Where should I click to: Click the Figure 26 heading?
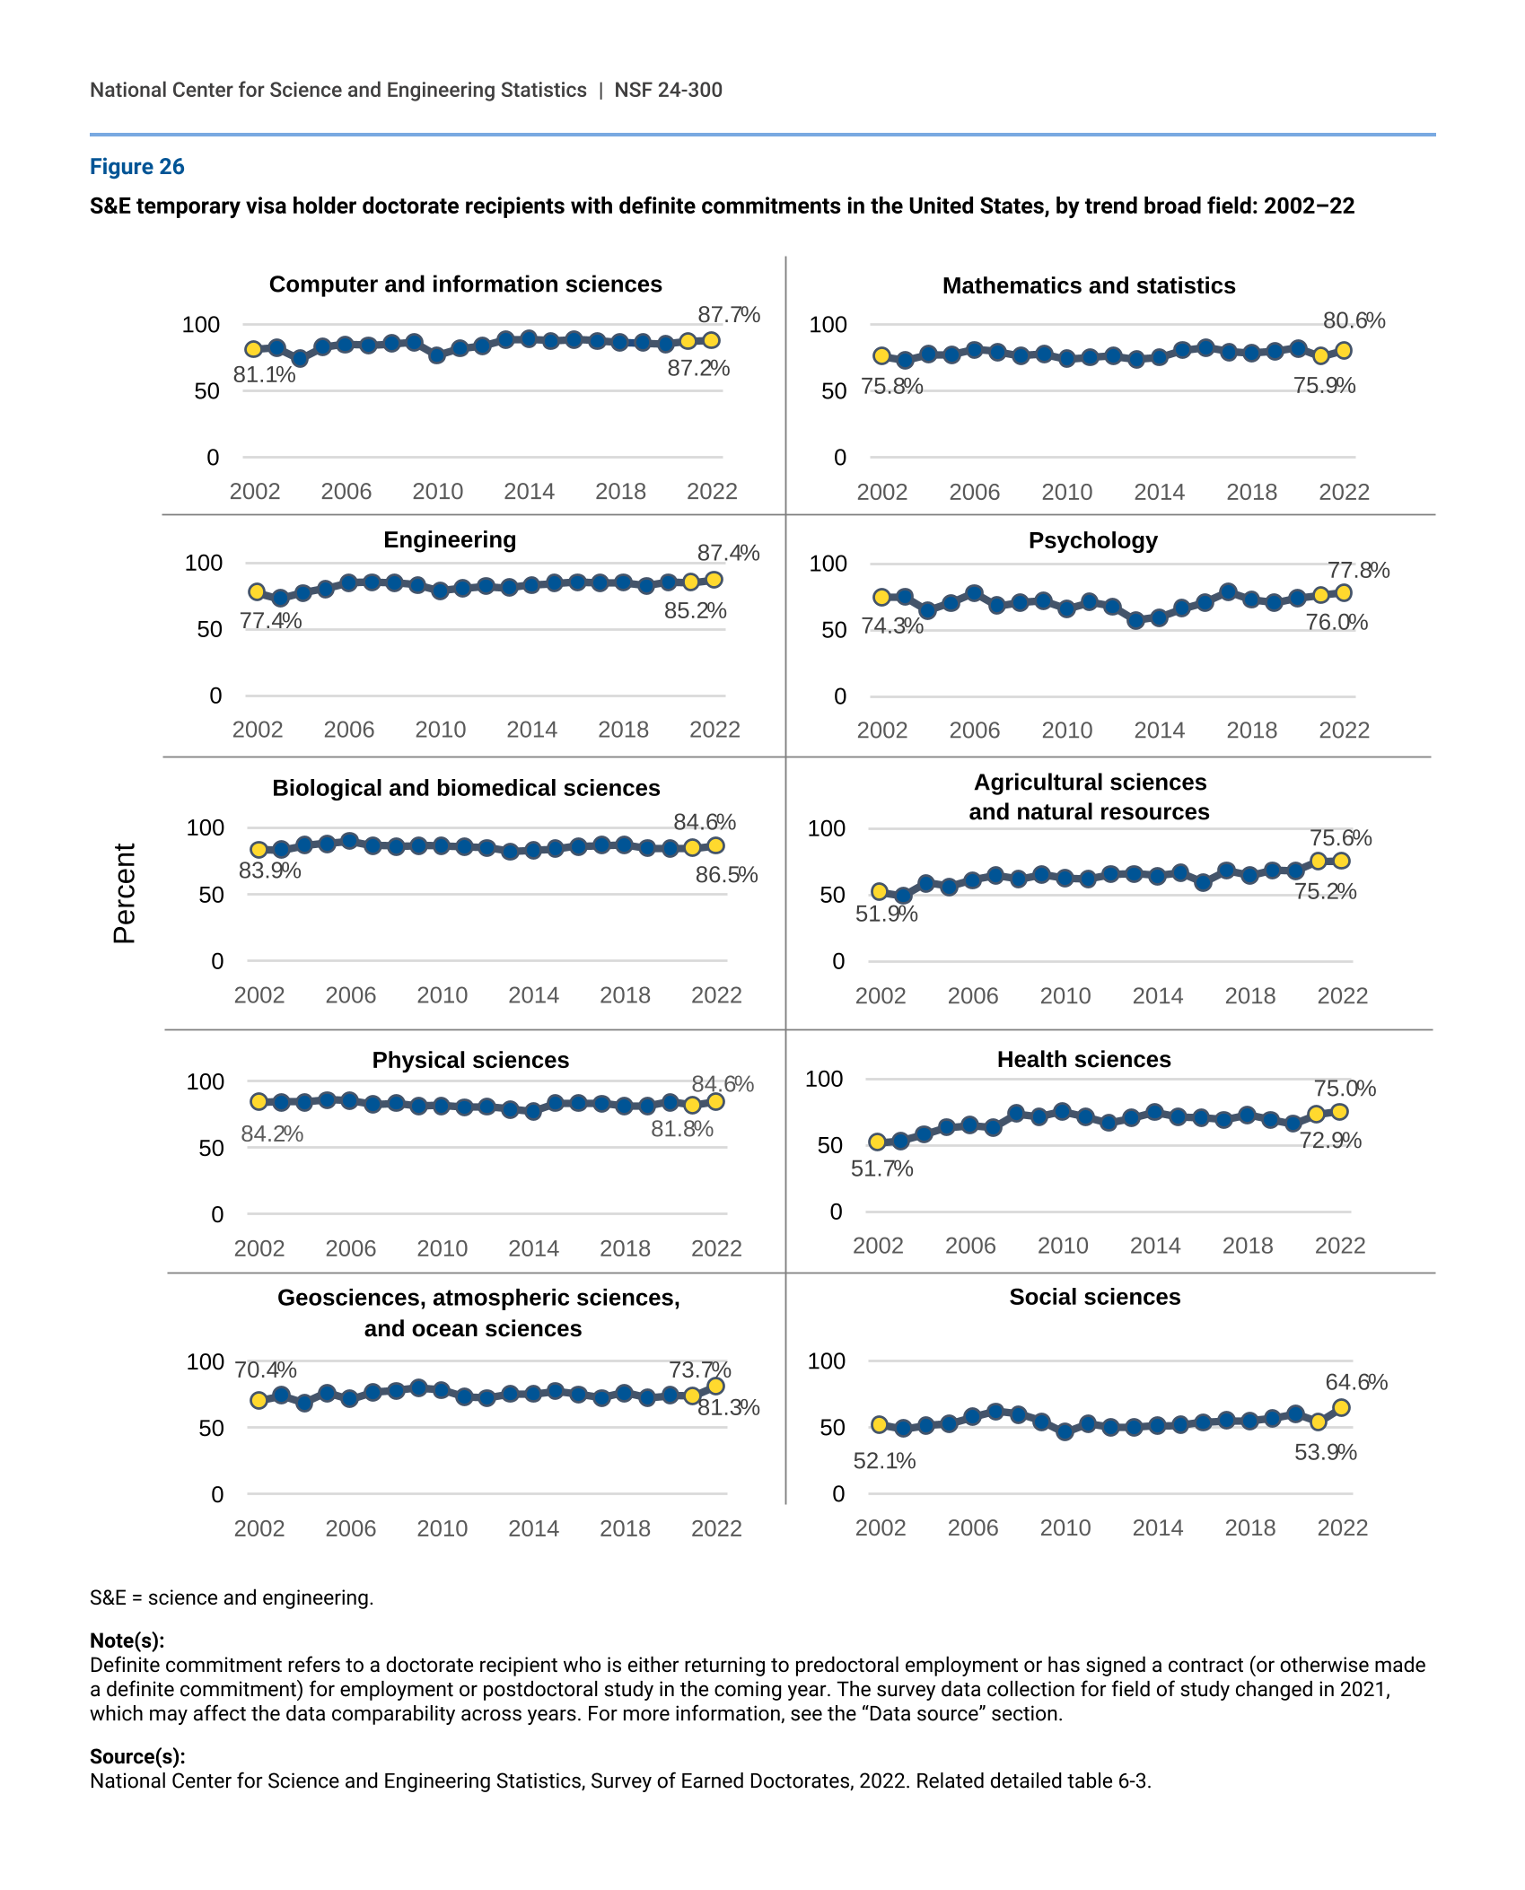coord(136,167)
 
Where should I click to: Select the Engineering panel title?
coord(450,539)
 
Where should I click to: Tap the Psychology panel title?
coord(1092,540)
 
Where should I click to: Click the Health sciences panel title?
coord(1083,1059)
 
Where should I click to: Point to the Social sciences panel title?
coord(1094,1297)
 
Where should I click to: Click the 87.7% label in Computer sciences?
coord(728,315)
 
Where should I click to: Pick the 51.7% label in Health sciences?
coord(881,1168)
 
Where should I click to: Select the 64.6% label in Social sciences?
coord(1355,1382)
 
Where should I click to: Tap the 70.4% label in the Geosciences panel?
coord(266,1370)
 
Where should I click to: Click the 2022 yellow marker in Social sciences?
coord(1341,1407)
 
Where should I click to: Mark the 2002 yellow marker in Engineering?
coord(257,592)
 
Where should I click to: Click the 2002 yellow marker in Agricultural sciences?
coord(880,891)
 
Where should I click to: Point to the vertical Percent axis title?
coord(125,893)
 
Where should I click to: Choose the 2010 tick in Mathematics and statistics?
coord(1066,492)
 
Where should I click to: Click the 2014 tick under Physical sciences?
coord(533,1248)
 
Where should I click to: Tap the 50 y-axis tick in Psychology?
coord(834,630)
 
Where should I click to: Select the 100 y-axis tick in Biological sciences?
coord(205,827)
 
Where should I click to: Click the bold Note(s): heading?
coord(127,1641)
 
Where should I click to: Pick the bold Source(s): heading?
coord(137,1756)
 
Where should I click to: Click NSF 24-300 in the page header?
coord(668,90)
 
